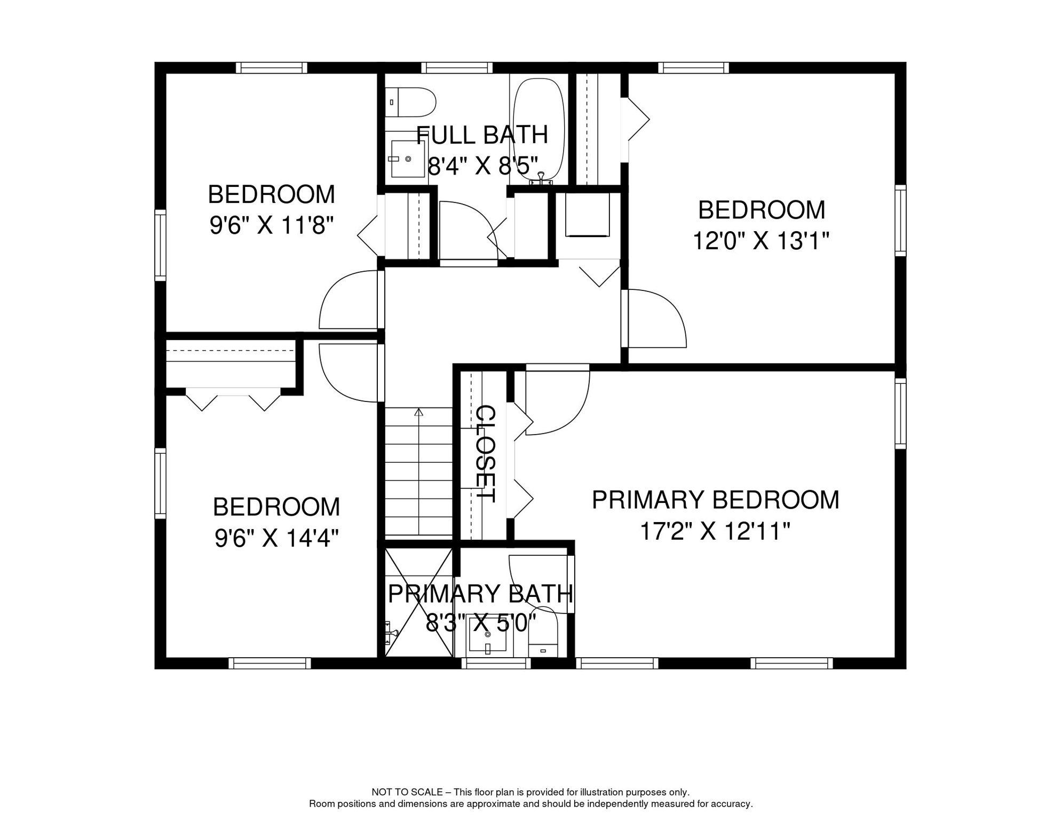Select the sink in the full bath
pyautogui.click(x=408, y=159)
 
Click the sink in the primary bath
pyautogui.click(x=488, y=635)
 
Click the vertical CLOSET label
pyautogui.click(x=486, y=454)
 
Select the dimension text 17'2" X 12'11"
pyautogui.click(x=715, y=531)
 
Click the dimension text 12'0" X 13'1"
pyautogui.click(x=761, y=241)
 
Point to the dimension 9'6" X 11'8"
pyautogui.click(x=272, y=225)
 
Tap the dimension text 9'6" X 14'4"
pyautogui.click(x=276, y=538)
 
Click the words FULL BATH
pyautogui.click(x=482, y=135)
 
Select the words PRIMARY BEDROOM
pyautogui.click(x=716, y=500)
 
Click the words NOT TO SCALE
pyautogui.click(x=407, y=792)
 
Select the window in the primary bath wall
pyautogui.click(x=496, y=663)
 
